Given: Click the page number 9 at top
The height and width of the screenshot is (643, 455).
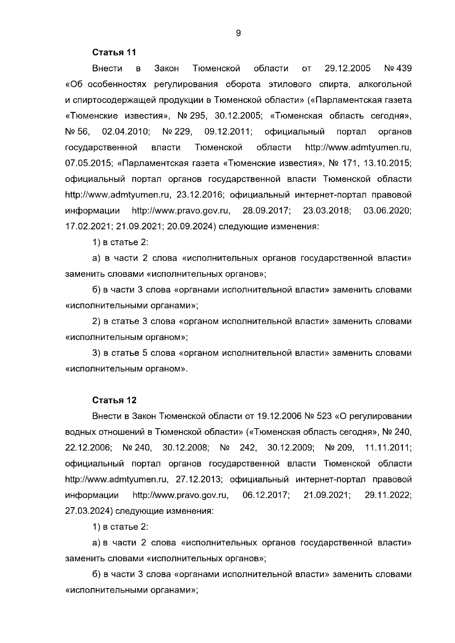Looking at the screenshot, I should point(238,33).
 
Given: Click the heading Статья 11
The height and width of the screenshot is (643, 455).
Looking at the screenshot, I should point(114,52).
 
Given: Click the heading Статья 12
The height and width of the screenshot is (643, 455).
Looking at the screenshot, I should point(115,401).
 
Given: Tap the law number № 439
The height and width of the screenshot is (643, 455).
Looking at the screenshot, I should point(397,69).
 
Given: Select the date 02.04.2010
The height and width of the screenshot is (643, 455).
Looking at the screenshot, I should point(126,131).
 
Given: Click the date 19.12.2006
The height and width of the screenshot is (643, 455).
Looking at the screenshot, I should point(279,416).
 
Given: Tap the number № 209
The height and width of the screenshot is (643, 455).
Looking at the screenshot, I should point(339,447).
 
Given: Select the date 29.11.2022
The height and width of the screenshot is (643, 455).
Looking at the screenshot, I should point(388,495).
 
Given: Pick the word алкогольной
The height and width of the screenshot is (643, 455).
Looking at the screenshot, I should point(385,84).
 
